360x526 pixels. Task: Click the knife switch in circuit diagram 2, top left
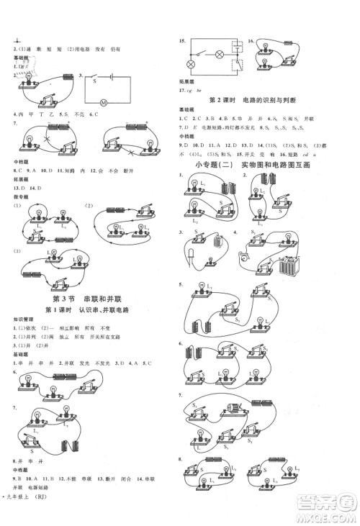(x=57, y=100)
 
